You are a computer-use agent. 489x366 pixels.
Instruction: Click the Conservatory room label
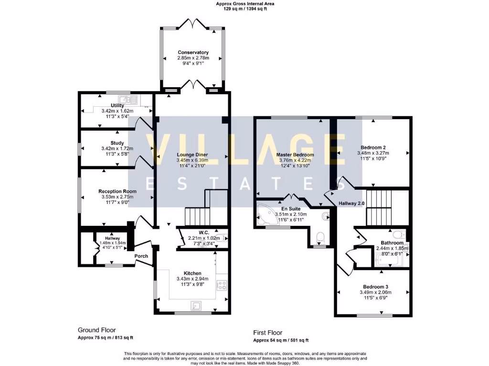click(x=193, y=52)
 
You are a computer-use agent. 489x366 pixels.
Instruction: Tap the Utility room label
click(x=117, y=105)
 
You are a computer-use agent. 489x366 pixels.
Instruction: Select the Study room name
click(x=117, y=143)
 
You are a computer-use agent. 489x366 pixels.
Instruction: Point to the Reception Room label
click(x=117, y=191)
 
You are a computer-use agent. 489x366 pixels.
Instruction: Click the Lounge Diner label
click(x=192, y=155)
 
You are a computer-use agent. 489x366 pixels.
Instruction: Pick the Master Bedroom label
click(x=295, y=155)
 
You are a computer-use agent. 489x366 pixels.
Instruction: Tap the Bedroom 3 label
click(x=373, y=286)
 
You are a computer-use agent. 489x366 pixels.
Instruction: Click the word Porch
click(x=141, y=256)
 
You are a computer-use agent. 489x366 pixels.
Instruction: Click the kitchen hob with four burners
click(x=222, y=285)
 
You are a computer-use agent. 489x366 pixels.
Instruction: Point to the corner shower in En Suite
click(x=264, y=214)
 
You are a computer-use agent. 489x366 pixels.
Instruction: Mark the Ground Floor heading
click(x=97, y=330)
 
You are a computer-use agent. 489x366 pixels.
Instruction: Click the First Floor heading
click(x=267, y=333)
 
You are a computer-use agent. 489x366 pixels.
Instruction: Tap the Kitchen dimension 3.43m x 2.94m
click(x=192, y=279)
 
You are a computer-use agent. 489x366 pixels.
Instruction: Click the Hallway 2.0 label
click(x=351, y=203)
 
